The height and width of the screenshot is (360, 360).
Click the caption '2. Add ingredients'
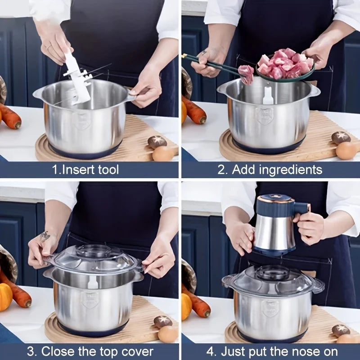270,170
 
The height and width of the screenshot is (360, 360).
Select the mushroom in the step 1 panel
157,142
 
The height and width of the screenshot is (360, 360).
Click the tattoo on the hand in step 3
45,235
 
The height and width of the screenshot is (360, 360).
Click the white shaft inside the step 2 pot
268,95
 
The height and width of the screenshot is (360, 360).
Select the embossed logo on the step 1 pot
82,121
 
